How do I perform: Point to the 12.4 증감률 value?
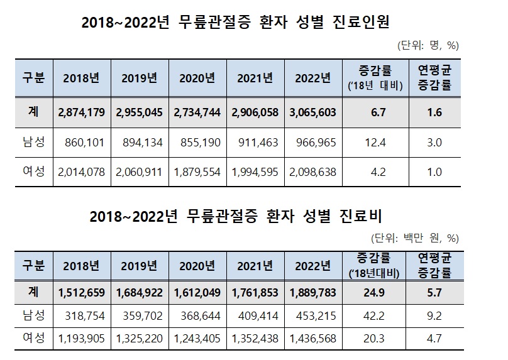(x=375, y=143)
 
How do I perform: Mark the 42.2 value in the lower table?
(x=375, y=316)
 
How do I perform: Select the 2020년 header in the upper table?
(x=198, y=79)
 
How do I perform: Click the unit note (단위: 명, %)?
(x=428, y=45)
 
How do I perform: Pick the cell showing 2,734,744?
(x=198, y=113)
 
